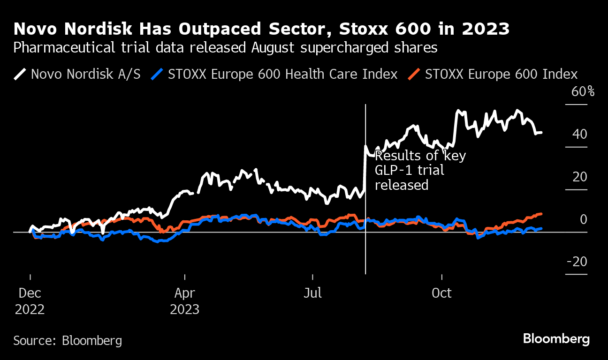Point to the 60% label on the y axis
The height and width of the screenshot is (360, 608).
click(x=583, y=91)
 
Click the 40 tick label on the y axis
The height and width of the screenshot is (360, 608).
click(x=579, y=134)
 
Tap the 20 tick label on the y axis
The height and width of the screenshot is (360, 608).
click(x=579, y=177)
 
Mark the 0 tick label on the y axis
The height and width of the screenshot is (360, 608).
click(x=583, y=219)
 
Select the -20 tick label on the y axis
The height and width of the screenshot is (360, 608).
click(x=577, y=262)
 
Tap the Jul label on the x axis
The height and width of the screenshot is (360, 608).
click(x=312, y=293)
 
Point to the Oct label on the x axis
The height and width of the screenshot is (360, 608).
click(x=441, y=293)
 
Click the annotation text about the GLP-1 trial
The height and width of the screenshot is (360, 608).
click(x=420, y=170)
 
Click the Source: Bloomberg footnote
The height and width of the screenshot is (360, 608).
click(x=68, y=340)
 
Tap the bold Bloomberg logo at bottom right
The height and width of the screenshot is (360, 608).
click(x=556, y=339)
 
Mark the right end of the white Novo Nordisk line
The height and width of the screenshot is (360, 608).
click(x=541, y=133)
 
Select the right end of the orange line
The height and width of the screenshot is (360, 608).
click(x=541, y=214)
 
